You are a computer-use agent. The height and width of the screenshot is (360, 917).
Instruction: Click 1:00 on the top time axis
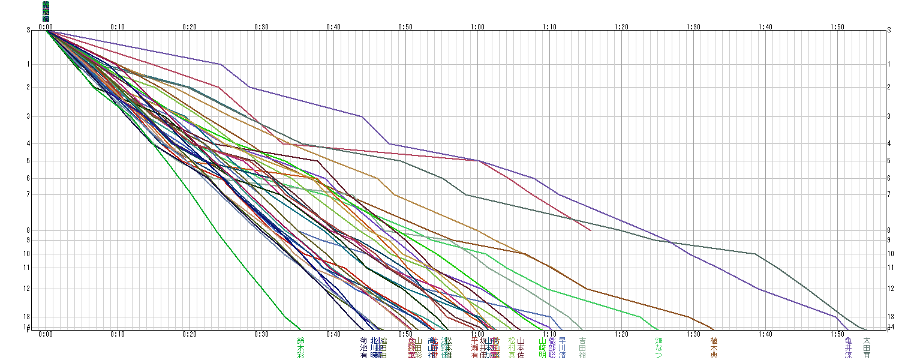(x=477, y=26)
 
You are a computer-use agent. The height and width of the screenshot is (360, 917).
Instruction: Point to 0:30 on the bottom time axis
(x=261, y=334)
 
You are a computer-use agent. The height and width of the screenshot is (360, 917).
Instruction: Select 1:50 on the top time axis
(x=837, y=26)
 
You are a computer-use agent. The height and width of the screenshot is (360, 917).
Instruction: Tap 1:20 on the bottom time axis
(x=621, y=334)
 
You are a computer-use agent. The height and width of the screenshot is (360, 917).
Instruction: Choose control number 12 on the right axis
(x=890, y=289)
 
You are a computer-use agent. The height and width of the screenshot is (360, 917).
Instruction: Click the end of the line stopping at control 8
(x=591, y=230)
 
